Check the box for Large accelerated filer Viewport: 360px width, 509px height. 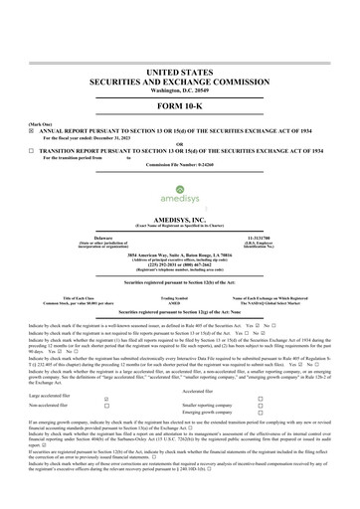coord(107,398)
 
